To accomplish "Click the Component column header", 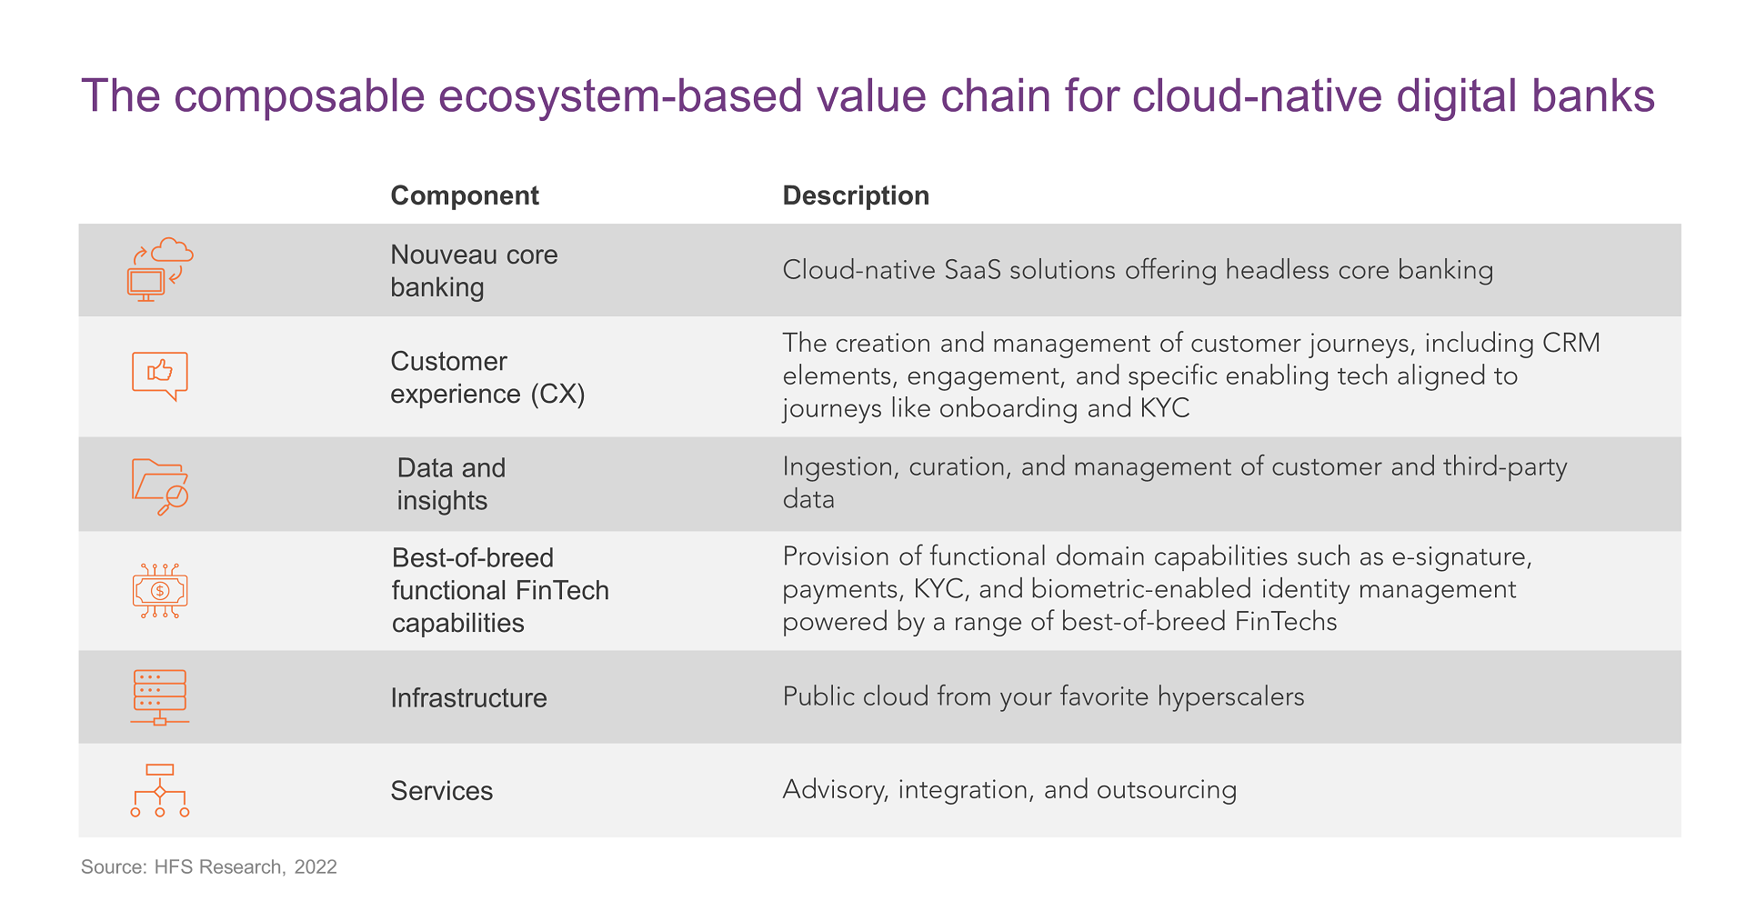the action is tap(465, 195).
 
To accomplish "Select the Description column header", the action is tap(856, 195).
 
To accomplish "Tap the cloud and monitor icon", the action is tap(160, 269).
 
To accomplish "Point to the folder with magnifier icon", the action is tap(160, 486).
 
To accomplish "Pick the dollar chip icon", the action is tap(160, 591).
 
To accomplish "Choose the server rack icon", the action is tap(160, 697).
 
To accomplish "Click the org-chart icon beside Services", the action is tap(160, 790).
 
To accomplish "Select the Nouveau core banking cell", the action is tap(474, 271).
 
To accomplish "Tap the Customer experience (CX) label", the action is tap(487, 377).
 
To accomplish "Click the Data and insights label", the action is tap(451, 484).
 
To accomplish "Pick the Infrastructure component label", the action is tap(468, 697).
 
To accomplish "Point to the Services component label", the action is tap(441, 790).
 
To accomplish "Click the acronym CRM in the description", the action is tap(1571, 343).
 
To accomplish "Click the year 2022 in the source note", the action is tap(316, 867).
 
